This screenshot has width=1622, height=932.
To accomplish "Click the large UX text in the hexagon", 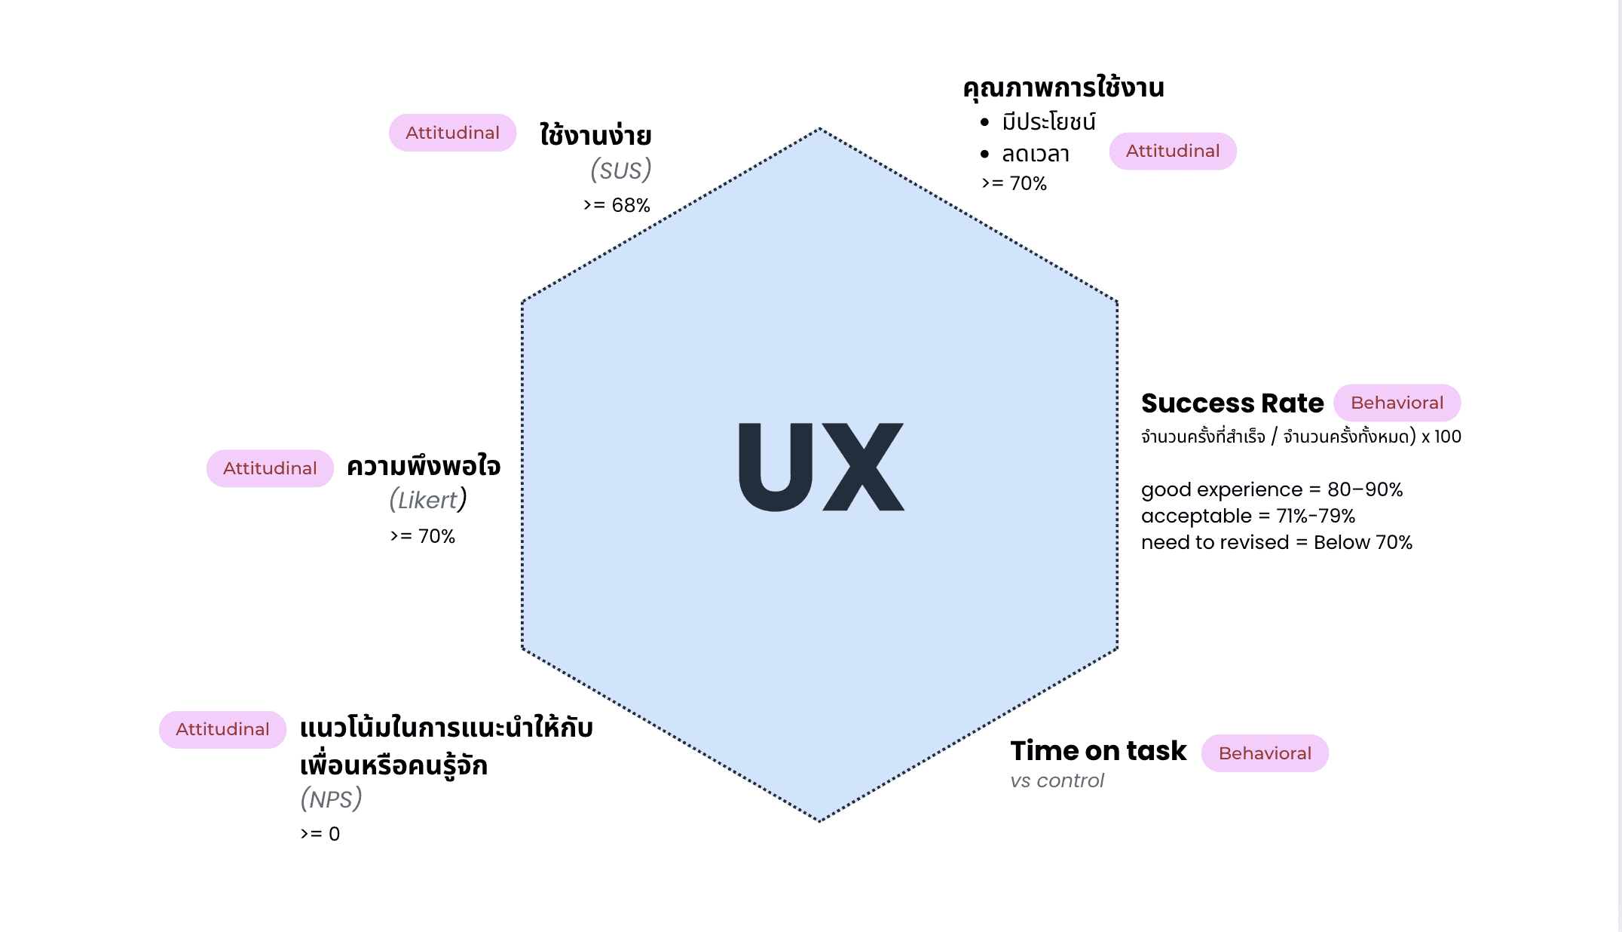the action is (821, 467).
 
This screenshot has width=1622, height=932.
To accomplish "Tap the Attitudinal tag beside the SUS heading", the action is (452, 133).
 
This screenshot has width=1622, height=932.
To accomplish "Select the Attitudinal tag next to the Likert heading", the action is (270, 468).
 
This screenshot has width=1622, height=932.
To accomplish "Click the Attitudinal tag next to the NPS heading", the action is (222, 729).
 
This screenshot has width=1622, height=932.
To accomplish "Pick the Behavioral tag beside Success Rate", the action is (1397, 403).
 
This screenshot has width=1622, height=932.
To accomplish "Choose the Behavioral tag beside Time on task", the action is (1264, 753).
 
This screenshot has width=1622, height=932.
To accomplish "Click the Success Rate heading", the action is (1232, 403).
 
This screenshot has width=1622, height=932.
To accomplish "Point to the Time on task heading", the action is (1098, 751).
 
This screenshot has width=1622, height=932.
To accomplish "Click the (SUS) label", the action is (620, 170).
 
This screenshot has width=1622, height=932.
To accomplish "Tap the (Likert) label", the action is (428, 500).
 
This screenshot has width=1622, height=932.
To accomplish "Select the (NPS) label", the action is (331, 799).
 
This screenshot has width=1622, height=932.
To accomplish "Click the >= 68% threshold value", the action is (617, 205).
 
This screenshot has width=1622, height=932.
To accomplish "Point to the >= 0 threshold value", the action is (320, 834).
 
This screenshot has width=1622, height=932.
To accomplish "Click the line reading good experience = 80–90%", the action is (1272, 489).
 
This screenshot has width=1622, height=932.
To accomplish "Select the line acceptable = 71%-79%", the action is (1247, 516).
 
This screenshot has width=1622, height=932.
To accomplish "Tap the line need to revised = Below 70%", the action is (1276, 542).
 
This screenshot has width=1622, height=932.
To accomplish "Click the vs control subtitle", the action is (1057, 780).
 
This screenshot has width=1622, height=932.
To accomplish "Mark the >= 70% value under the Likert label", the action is (423, 536).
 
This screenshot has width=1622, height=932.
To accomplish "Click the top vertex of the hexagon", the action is (819, 129).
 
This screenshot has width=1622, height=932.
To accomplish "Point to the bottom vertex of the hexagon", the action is (819, 820).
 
